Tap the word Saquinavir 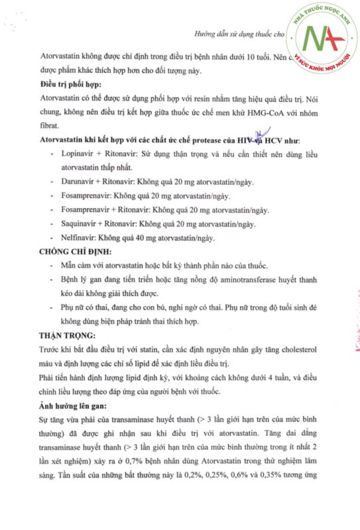[x=78, y=224]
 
